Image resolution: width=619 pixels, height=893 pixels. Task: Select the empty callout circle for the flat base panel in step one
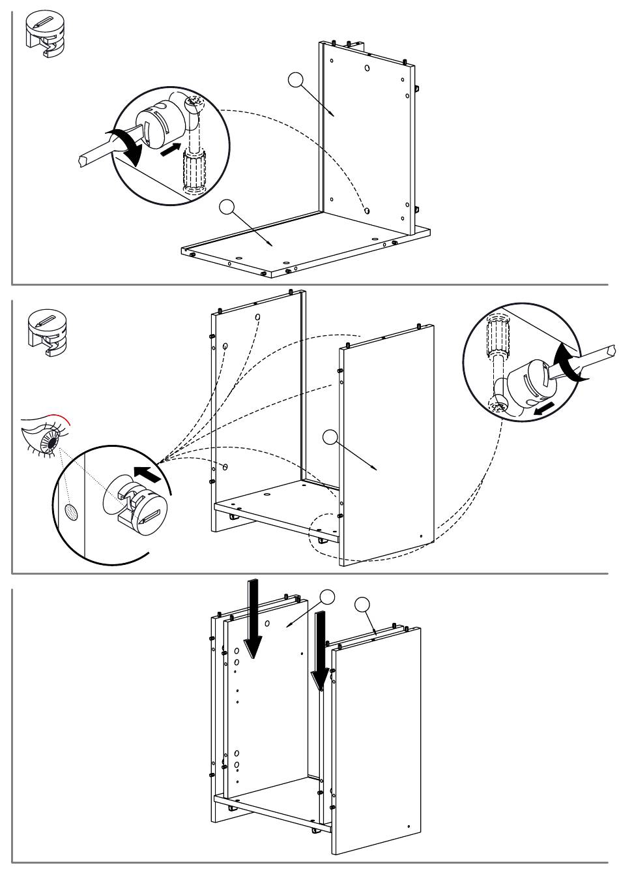(227, 207)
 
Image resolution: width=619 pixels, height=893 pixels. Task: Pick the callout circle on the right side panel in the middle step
(332, 437)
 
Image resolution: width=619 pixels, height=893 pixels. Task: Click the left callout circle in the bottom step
(327, 596)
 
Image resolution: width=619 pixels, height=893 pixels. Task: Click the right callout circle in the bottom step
(363, 604)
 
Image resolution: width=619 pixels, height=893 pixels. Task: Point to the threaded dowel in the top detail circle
(194, 171)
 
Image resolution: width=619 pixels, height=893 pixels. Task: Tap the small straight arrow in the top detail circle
(169, 149)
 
